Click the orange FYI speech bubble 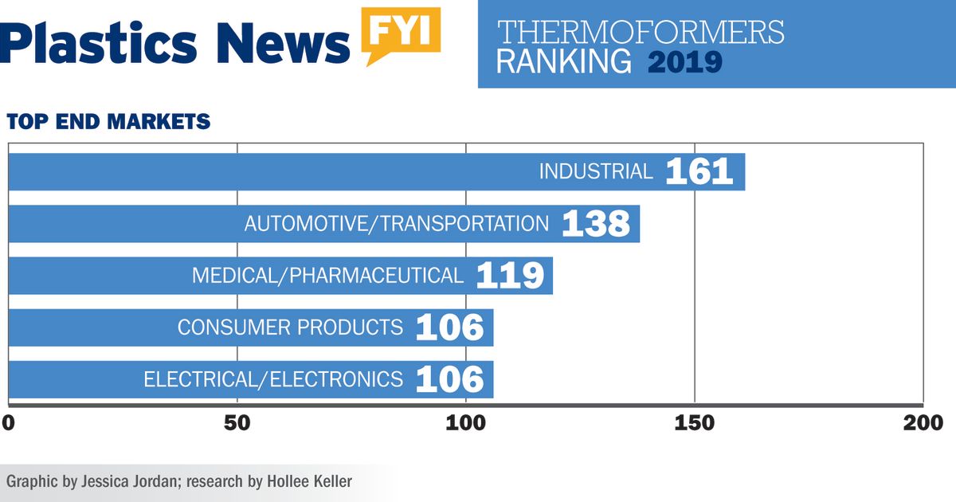pyautogui.click(x=401, y=33)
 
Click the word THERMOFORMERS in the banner pyautogui.click(x=641, y=33)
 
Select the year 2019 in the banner pyautogui.click(x=684, y=61)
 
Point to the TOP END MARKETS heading pyautogui.click(x=108, y=122)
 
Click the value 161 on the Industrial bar pyautogui.click(x=699, y=171)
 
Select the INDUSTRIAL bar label pyautogui.click(x=596, y=171)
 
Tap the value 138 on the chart pyautogui.click(x=596, y=224)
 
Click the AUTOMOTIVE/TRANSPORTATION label pyautogui.click(x=397, y=224)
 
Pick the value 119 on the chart pyautogui.click(x=510, y=276)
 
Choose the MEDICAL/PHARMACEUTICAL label pyautogui.click(x=327, y=276)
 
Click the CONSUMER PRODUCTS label pyautogui.click(x=290, y=327)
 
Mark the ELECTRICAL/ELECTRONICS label pyautogui.click(x=273, y=379)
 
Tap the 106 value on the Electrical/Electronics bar pyautogui.click(x=449, y=379)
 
